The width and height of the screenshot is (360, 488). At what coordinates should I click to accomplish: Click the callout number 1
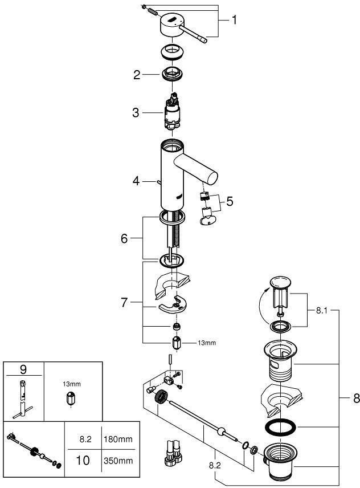pos(234,20)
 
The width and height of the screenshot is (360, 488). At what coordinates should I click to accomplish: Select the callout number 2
pos(137,75)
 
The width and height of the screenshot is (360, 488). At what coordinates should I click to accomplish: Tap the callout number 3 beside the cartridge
pos(136,113)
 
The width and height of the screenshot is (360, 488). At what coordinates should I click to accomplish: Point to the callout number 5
pos(230,201)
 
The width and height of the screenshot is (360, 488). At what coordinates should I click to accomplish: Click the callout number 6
pos(124,239)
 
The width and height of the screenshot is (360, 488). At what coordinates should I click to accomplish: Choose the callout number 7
pos(124,302)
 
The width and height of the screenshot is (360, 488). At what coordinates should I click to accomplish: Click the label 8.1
pos(321,311)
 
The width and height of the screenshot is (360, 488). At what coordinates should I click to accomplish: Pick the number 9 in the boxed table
pos(23,369)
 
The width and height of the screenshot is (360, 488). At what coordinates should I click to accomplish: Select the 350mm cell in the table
pos(118,461)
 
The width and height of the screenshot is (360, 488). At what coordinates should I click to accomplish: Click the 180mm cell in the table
pos(118,440)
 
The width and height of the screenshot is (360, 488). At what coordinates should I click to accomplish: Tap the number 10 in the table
pos(83,461)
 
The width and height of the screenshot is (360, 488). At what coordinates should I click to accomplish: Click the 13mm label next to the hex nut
pos(207,343)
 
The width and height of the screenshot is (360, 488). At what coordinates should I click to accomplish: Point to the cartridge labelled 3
pos(171,112)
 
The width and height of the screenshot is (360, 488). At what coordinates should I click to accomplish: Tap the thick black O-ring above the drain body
pos(280,428)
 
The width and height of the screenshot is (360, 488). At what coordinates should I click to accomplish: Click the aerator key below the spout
pos(207,217)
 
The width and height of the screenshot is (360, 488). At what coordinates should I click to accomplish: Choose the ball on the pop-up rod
pos(221,432)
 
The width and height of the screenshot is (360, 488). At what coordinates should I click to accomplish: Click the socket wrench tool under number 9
pos(23,399)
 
